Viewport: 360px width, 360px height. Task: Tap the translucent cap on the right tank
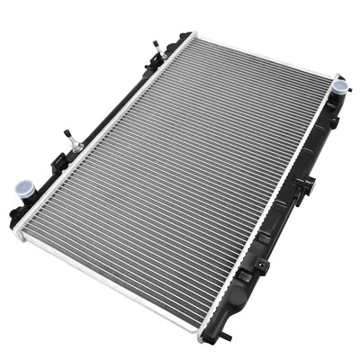(339, 86)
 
